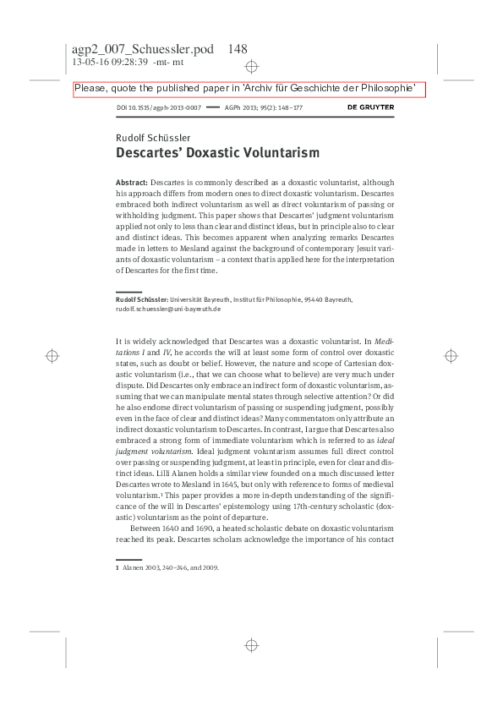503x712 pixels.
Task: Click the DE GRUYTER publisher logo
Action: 370,108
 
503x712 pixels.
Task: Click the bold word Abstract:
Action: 131,183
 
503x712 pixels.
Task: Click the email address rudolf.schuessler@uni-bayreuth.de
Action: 168,309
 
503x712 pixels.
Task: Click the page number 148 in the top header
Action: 238,49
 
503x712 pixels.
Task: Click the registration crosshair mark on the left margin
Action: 52,356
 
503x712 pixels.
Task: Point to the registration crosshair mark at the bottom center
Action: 251,645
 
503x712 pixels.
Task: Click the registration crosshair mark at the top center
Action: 251,66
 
